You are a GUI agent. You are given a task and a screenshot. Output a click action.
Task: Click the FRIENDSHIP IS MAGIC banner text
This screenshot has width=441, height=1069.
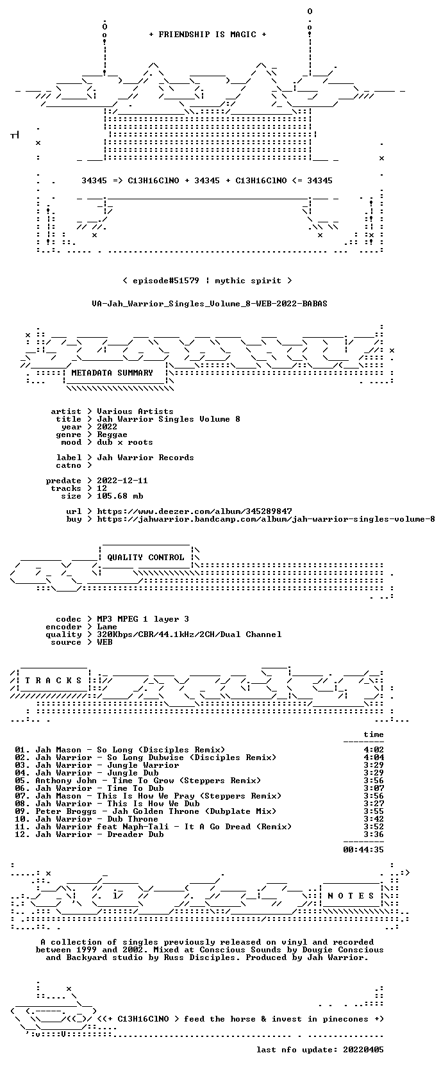pyautogui.click(x=208, y=35)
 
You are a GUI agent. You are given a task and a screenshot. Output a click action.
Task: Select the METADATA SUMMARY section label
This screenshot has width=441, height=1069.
pyautogui.click(x=112, y=373)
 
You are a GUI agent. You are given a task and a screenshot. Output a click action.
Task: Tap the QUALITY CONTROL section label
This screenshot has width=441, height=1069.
pyautogui.click(x=146, y=558)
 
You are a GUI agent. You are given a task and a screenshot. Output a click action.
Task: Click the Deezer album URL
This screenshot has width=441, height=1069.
pyautogui.click(x=194, y=511)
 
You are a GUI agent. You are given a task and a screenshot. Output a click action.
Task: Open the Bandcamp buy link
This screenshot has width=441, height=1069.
pyautogui.click(x=266, y=518)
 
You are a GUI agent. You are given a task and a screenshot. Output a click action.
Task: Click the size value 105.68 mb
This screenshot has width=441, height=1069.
pyautogui.click(x=120, y=496)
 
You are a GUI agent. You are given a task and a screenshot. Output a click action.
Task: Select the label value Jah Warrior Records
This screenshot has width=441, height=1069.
pyautogui.click(x=146, y=458)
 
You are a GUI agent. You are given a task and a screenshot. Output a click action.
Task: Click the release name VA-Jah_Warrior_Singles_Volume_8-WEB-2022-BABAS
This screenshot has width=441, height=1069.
pyautogui.click(x=210, y=304)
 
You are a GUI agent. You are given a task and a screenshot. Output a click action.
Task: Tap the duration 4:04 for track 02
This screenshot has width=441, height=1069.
pyautogui.click(x=374, y=758)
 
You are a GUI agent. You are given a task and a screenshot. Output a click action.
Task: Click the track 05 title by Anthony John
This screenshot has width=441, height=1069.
pyautogui.click(x=148, y=781)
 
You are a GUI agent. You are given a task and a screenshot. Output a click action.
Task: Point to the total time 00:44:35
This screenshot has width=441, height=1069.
pyautogui.click(x=363, y=849)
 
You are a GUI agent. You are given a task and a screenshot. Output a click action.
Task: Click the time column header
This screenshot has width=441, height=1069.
pyautogui.click(x=374, y=734)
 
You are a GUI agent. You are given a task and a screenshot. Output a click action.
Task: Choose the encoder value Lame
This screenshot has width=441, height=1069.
pyautogui.click(x=107, y=627)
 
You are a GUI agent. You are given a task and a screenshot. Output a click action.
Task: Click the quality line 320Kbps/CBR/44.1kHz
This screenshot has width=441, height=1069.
pyautogui.click(x=189, y=634)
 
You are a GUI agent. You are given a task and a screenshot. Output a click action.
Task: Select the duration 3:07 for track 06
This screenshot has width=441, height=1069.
pyautogui.click(x=374, y=788)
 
